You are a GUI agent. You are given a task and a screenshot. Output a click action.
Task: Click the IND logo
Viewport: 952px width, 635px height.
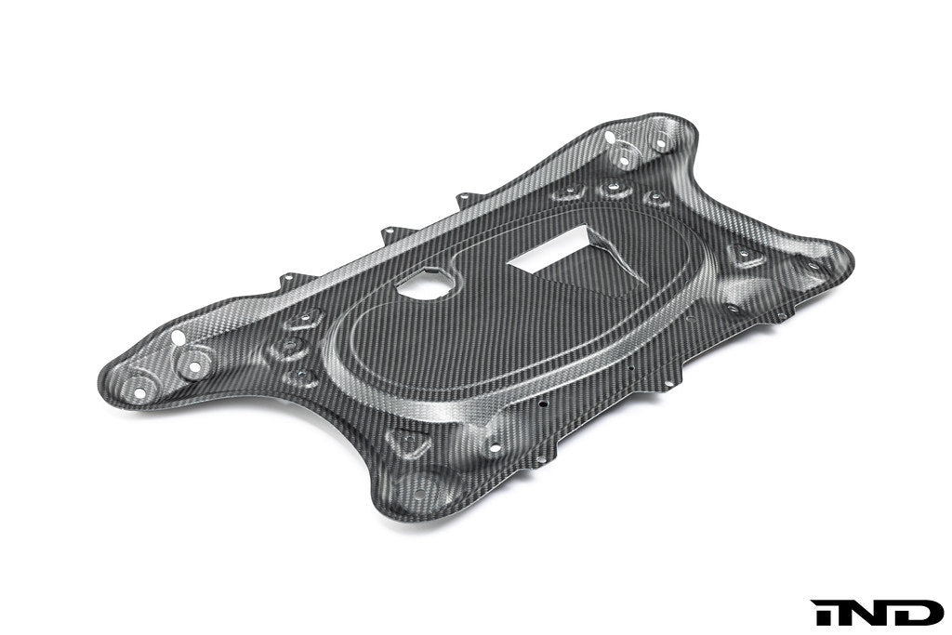[x=877, y=612]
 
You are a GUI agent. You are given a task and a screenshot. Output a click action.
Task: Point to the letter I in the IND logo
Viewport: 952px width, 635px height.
[x=823, y=612]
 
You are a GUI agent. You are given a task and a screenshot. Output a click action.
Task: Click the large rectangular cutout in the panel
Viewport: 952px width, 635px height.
[x=549, y=254]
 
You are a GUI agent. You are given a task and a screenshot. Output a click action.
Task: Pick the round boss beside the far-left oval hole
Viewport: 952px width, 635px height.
[x=195, y=366]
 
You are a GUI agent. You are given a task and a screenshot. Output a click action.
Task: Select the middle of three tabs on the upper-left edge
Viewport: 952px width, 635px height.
[x=389, y=232]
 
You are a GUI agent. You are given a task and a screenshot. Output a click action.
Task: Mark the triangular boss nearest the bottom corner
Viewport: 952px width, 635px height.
[x=409, y=441]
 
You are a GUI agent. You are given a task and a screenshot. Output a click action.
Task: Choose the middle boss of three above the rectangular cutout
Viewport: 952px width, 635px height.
[x=614, y=190]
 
